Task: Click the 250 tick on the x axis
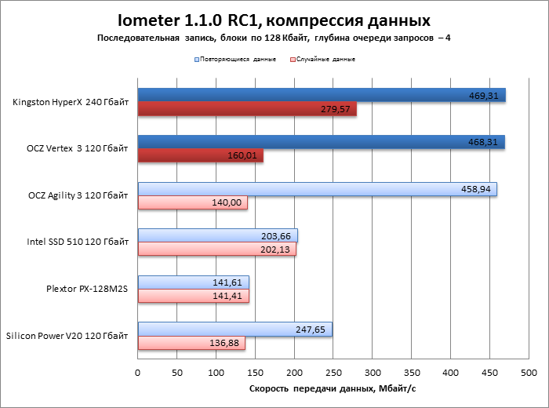333,372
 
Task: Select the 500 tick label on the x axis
529,372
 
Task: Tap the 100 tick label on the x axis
216,372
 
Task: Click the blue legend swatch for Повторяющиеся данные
196,59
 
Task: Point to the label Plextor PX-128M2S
87,289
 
